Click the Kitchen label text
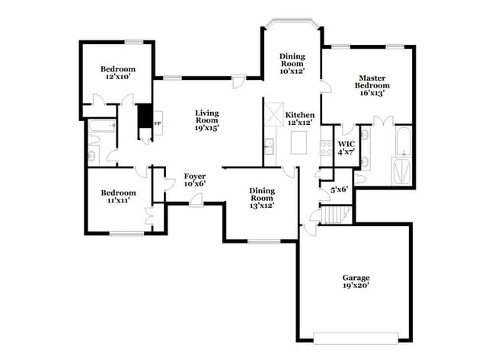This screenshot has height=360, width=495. (299, 115)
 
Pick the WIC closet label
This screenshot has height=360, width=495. (346, 143)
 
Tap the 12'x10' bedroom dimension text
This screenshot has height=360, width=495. (117, 77)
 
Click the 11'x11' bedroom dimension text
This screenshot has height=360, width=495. (118, 201)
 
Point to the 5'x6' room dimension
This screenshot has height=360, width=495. (339, 189)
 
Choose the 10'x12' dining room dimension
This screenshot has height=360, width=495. (292, 72)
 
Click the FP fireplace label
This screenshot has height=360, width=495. (158, 123)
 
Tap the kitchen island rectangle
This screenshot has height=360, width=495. (300, 142)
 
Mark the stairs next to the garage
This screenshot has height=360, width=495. (334, 216)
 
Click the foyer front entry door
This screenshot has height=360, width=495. (196, 199)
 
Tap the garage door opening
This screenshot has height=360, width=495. (355, 336)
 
